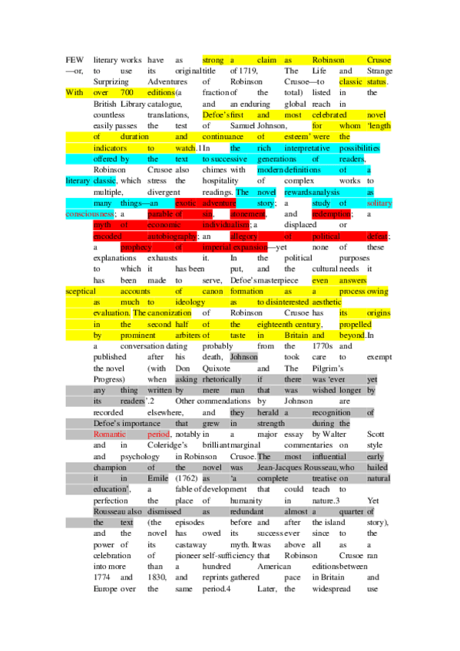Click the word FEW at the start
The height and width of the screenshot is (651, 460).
tap(74, 59)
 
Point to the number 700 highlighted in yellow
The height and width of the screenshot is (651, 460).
tap(130, 93)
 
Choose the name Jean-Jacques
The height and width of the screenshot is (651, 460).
tap(296, 468)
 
